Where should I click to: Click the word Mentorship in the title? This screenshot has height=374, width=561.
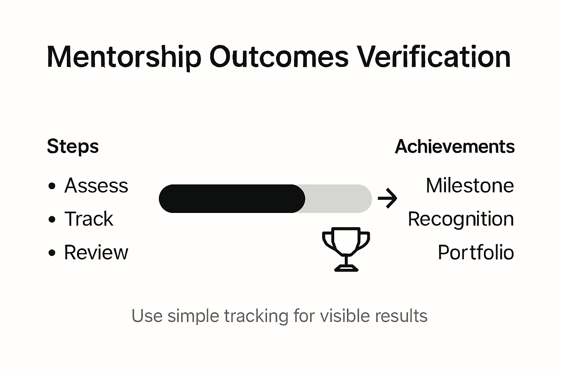tap(124, 57)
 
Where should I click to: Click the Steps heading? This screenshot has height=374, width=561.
tap(73, 147)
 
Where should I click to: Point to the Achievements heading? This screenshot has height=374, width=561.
tap(455, 147)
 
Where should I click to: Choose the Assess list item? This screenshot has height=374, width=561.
tap(96, 186)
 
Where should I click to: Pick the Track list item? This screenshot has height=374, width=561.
tap(89, 219)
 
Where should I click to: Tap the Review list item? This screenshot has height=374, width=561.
tap(96, 252)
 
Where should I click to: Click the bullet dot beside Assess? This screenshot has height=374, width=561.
tap(52, 186)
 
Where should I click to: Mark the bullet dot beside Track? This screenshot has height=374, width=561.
tap(52, 220)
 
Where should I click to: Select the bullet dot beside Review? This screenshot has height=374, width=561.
tap(52, 253)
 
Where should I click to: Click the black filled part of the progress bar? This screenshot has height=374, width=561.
tap(232, 199)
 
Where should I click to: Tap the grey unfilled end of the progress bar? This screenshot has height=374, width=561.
tap(340, 199)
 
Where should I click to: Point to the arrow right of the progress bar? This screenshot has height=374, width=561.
tap(387, 199)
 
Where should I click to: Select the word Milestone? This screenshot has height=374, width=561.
tap(470, 186)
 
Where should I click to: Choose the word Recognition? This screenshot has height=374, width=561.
tap(461, 219)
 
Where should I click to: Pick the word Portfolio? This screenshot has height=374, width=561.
tap(476, 252)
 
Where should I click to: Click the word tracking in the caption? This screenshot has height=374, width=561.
tap(256, 316)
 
